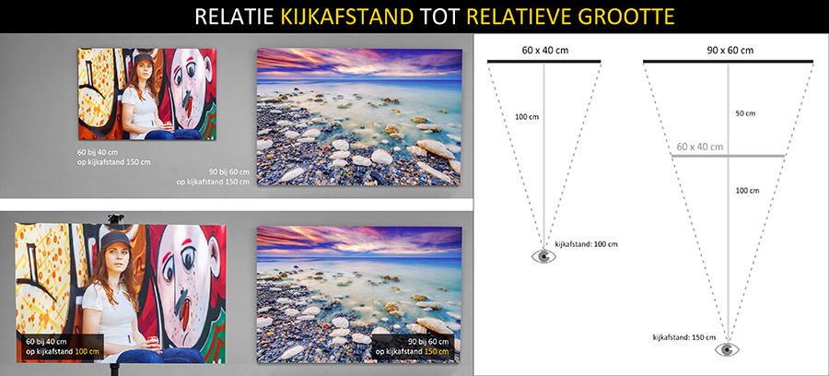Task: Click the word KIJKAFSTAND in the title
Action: (x=347, y=17)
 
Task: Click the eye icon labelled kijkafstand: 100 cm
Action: (x=543, y=256)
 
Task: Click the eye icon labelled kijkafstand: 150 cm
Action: (x=728, y=349)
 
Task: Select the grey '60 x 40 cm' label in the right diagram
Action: (x=700, y=147)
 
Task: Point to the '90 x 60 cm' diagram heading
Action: (x=730, y=51)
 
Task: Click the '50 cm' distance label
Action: (x=745, y=113)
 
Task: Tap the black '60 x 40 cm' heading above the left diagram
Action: (x=543, y=51)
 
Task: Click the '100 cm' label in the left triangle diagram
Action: (x=527, y=116)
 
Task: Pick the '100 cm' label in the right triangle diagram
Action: (x=747, y=191)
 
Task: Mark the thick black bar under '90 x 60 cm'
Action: (x=728, y=62)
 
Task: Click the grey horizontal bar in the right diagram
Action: (x=728, y=156)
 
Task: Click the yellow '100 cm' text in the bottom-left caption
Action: (x=88, y=352)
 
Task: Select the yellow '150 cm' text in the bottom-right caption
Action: (x=437, y=352)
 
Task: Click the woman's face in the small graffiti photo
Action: (x=143, y=69)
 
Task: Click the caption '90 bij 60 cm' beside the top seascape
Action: (x=229, y=172)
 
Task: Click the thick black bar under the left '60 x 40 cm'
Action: (x=543, y=62)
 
